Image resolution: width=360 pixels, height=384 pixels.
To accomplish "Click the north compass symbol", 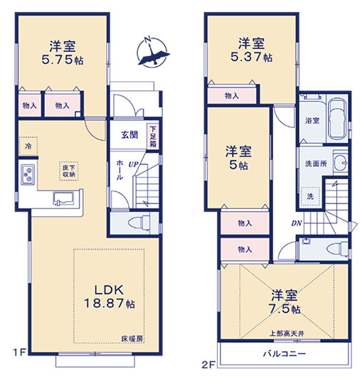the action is tap(153, 53).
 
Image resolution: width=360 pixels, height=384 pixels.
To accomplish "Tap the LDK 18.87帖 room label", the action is tap(110, 297).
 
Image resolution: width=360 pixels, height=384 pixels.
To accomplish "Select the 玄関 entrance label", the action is tap(129, 135).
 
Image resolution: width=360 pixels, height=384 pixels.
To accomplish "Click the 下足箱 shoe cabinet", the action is tap(153, 137).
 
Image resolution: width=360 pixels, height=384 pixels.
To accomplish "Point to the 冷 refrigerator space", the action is tap(28, 146).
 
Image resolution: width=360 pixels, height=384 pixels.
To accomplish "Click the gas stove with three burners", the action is tap(28, 174).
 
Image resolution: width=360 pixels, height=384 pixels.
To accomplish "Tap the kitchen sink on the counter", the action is tap(63, 198).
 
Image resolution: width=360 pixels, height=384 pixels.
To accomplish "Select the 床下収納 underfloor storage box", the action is tap(69, 171).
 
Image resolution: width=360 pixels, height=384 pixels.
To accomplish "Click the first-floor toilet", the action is tap(139, 223).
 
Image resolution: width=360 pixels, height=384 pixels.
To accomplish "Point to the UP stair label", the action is tap(133, 164).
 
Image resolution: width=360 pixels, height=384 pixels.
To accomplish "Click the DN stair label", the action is tap(296, 223).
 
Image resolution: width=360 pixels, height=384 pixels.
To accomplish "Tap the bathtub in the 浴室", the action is tap(337, 119).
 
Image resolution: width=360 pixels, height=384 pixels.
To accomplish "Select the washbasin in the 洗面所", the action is tap(341, 162).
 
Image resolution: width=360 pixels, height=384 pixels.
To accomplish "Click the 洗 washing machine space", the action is tap(310, 196).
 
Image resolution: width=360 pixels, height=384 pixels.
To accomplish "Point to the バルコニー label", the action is tap(285, 354).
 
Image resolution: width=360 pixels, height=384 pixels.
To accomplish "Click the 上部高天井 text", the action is tap(287, 334).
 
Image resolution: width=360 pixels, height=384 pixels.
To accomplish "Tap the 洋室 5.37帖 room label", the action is tap(251, 50).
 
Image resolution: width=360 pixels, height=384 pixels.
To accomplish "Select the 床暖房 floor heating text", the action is tap(132, 338).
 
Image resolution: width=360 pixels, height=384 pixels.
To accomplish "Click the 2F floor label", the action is tap(208, 365).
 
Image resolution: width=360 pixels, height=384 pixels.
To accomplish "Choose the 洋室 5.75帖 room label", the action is tap(63, 53).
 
